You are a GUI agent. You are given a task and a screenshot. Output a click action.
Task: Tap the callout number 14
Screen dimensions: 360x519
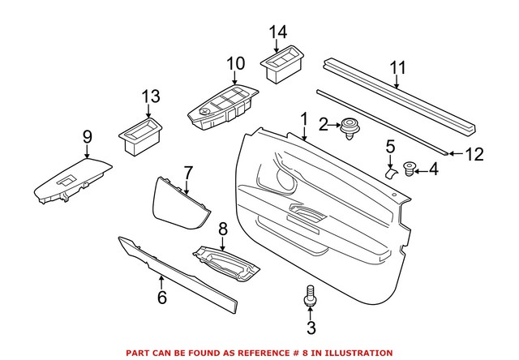(x=278, y=32)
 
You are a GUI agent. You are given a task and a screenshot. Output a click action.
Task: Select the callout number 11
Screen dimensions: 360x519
(x=397, y=69)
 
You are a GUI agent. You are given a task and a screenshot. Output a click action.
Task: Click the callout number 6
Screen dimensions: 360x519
(x=161, y=298)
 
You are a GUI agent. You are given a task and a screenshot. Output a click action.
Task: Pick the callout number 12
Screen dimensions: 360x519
(x=473, y=152)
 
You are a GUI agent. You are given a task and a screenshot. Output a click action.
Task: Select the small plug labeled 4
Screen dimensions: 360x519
(x=407, y=169)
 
